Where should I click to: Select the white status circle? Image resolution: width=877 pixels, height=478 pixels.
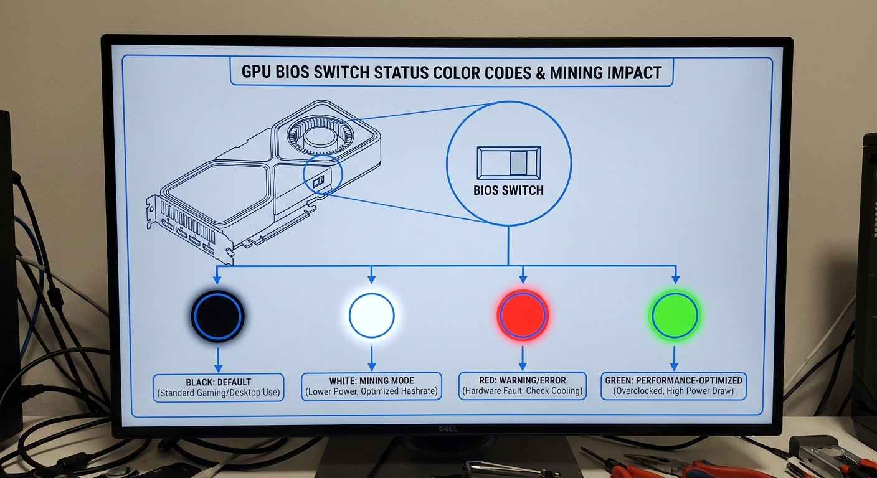371,316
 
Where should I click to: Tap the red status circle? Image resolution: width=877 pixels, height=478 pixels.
522,315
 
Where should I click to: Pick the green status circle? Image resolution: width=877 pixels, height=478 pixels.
674,315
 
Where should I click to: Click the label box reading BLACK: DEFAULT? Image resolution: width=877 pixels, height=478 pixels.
218,387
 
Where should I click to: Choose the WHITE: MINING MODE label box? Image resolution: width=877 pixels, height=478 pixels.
371,386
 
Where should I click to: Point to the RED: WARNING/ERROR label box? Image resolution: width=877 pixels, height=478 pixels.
522,385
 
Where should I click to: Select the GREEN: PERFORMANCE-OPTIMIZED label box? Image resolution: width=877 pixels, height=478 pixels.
673,386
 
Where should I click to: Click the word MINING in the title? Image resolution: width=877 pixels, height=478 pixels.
569,72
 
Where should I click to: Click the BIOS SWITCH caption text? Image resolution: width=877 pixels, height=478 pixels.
508,190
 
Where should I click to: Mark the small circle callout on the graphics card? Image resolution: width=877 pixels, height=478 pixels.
323,176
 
